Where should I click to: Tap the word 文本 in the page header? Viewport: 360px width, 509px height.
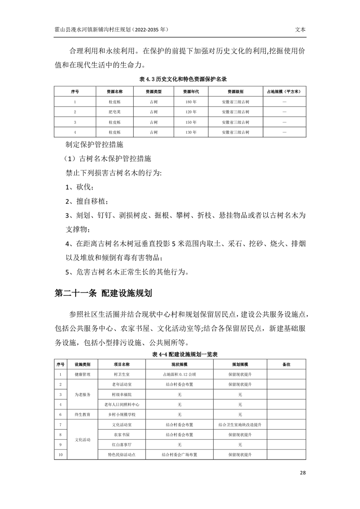pos(300,29)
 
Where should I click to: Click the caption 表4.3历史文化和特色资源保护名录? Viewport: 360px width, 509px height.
pos(180,78)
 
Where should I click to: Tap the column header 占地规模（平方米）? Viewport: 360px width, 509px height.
pos(284,91)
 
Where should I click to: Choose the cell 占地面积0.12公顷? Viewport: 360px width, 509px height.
pos(180,375)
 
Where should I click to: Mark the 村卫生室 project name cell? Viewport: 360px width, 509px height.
pos(122,375)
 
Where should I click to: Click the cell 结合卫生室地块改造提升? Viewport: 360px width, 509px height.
pos(240,425)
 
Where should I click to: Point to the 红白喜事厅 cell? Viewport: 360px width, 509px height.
pos(122,445)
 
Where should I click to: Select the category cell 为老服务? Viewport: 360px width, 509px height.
pos(83,395)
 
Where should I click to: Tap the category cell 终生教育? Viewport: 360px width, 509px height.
pos(83,415)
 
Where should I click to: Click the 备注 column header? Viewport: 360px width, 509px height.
pos(286,364)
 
